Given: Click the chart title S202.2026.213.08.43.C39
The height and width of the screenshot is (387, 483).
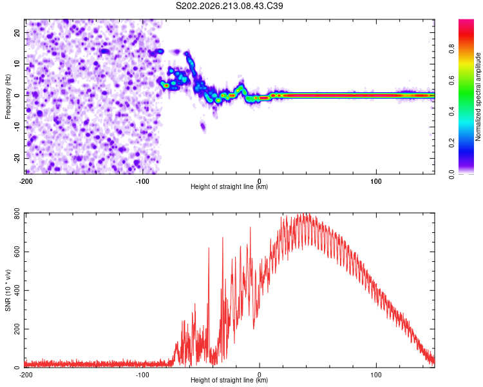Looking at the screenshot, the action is coord(229,6).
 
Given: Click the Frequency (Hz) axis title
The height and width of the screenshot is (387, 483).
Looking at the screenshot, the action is coord(8,97).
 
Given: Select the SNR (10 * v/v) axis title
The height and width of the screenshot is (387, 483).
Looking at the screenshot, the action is coord(8,290).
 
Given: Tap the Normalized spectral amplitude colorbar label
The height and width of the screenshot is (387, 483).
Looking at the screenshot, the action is coord(478,97).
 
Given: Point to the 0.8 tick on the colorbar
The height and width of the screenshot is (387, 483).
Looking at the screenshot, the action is coord(451,49).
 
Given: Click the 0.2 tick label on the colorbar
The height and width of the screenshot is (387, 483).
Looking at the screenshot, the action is coord(451,143).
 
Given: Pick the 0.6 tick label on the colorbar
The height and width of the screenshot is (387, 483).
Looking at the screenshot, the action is coord(451,80).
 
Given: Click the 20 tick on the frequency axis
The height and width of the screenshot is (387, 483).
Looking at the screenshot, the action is coord(17,33).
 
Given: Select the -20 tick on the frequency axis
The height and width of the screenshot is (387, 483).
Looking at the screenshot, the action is coord(17,158).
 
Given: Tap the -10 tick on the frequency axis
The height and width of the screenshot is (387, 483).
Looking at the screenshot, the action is coord(17,127).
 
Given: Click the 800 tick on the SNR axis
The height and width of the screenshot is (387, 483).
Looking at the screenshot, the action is coord(17,213).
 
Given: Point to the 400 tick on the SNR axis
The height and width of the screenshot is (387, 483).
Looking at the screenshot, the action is coord(17,290).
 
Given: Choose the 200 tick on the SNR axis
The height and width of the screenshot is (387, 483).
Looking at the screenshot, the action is coord(17,329).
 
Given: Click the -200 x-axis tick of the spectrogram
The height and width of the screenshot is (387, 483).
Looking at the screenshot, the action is coord(26,181).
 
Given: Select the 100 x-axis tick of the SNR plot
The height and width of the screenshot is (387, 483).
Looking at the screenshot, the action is coord(376,375).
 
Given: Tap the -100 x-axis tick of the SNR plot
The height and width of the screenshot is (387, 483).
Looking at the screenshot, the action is coord(142,375).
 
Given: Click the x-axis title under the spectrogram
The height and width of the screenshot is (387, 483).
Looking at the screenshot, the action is coord(229,186).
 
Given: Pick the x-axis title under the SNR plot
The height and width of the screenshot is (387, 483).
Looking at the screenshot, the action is coord(229,380).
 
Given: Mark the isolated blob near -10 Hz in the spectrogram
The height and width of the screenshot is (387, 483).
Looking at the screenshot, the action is coord(203,126).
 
